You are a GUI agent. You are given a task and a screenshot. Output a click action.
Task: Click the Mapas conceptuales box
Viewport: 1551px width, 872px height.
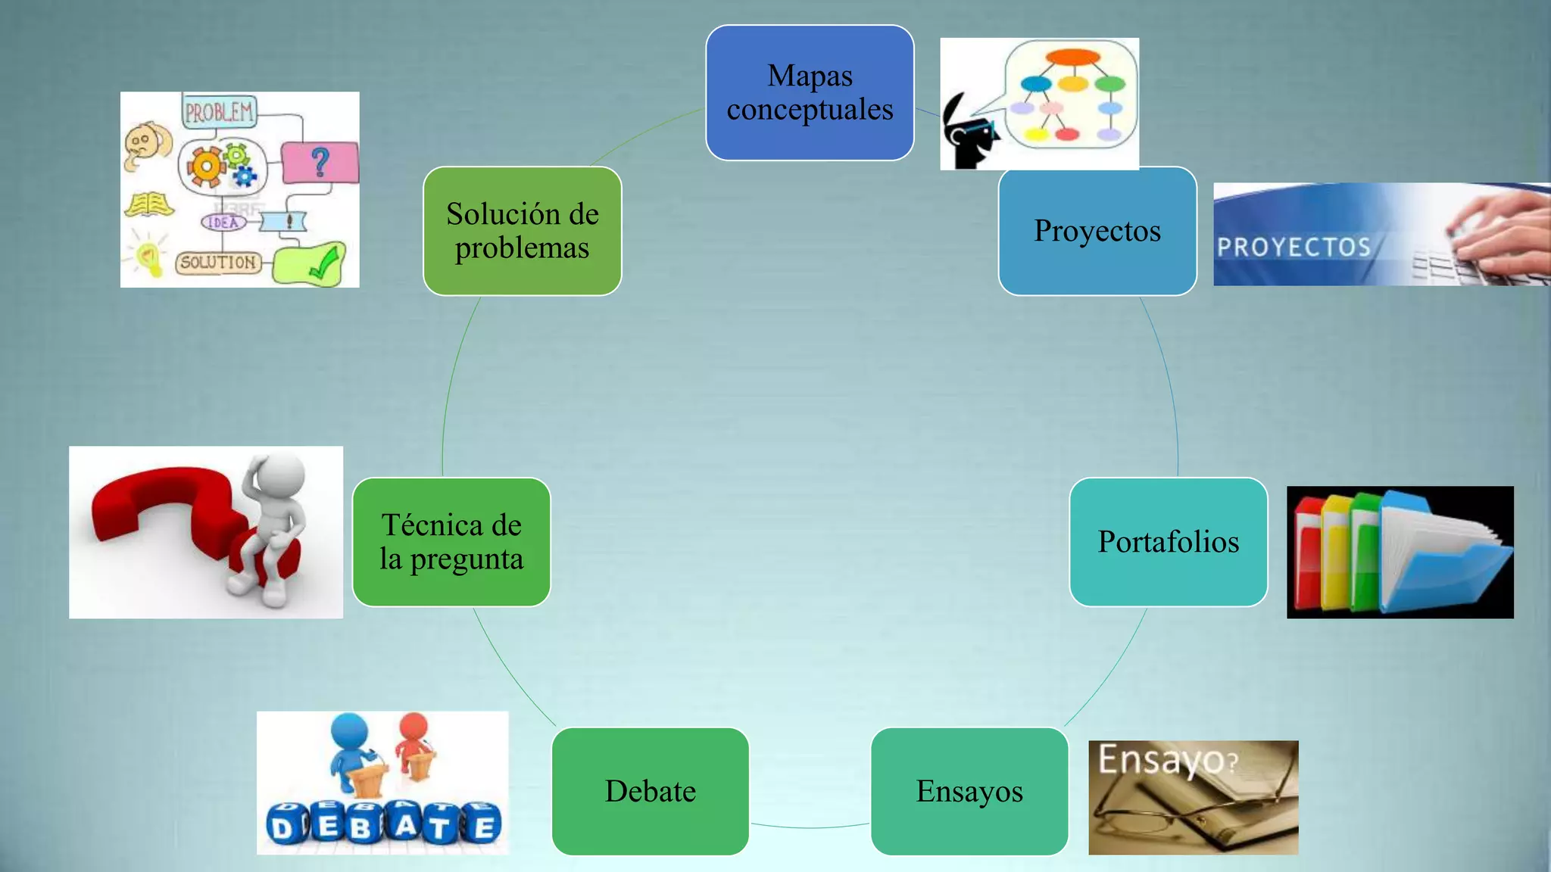pos(810,92)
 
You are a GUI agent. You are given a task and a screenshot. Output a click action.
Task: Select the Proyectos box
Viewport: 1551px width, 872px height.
pos(1097,231)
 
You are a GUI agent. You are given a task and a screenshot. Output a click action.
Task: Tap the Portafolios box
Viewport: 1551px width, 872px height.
pos(1168,542)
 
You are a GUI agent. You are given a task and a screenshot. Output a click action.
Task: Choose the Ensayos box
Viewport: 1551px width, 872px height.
pos(969,792)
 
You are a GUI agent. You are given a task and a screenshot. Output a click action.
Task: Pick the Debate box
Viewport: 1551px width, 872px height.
pos(651,792)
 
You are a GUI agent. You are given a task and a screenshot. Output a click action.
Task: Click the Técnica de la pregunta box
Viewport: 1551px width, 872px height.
pos(451,542)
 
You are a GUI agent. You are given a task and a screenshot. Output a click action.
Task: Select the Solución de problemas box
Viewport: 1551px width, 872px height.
pos(523,231)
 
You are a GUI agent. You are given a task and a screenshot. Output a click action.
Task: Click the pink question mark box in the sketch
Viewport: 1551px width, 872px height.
pos(320,163)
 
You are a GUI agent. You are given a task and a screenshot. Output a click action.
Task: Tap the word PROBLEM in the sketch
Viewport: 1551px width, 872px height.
pos(219,112)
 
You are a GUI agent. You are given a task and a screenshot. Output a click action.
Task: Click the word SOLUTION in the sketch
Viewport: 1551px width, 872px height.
pos(218,263)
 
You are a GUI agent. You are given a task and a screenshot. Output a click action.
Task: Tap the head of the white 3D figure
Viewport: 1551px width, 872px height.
pos(282,475)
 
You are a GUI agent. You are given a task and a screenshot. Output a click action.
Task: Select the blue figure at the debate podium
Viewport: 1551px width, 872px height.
pos(351,742)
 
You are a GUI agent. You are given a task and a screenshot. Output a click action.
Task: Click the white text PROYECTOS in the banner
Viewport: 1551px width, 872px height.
pos(1294,248)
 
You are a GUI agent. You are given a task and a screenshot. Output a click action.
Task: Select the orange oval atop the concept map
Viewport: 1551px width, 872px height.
pos(1072,58)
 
